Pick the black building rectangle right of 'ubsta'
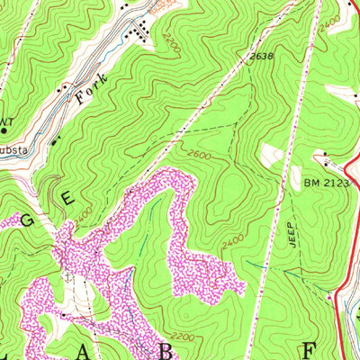coord(54,141)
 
